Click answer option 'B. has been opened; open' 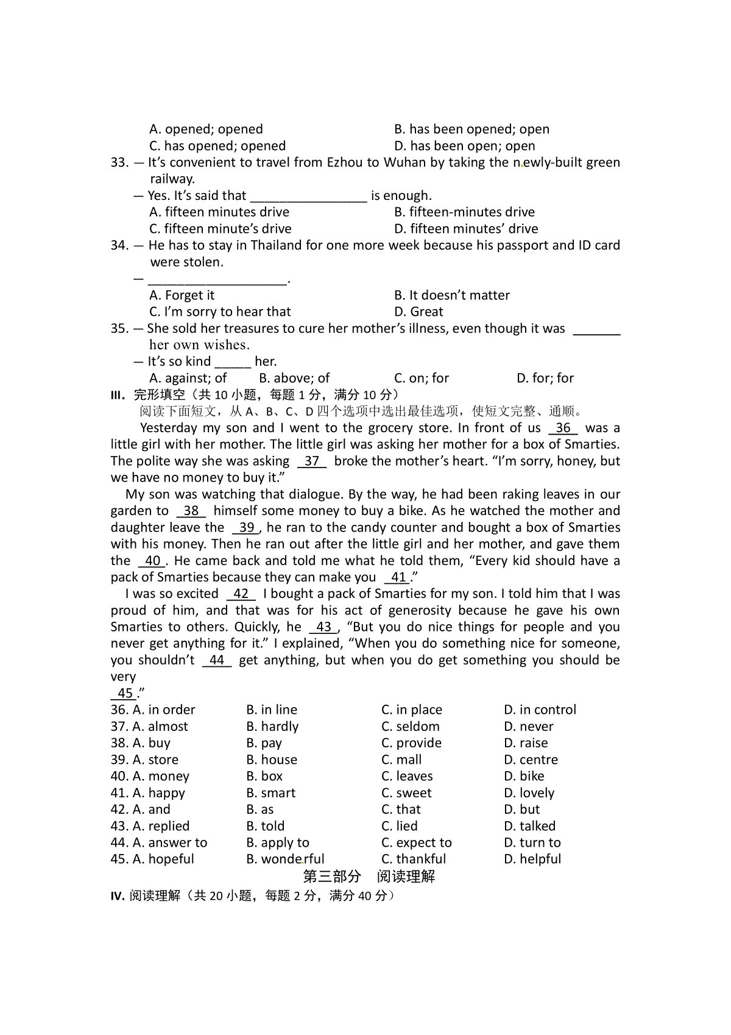(x=471, y=129)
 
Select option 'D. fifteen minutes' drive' (x=466, y=229)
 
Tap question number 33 (x=119, y=163)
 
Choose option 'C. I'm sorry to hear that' (x=220, y=311)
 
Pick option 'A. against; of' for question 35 (x=188, y=378)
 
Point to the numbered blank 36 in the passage (x=563, y=428)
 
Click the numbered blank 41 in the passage (x=398, y=577)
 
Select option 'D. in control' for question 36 (x=540, y=710)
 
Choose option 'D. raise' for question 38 (x=526, y=743)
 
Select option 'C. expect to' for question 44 (x=417, y=842)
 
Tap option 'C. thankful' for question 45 (x=414, y=859)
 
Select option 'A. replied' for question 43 (x=161, y=826)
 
